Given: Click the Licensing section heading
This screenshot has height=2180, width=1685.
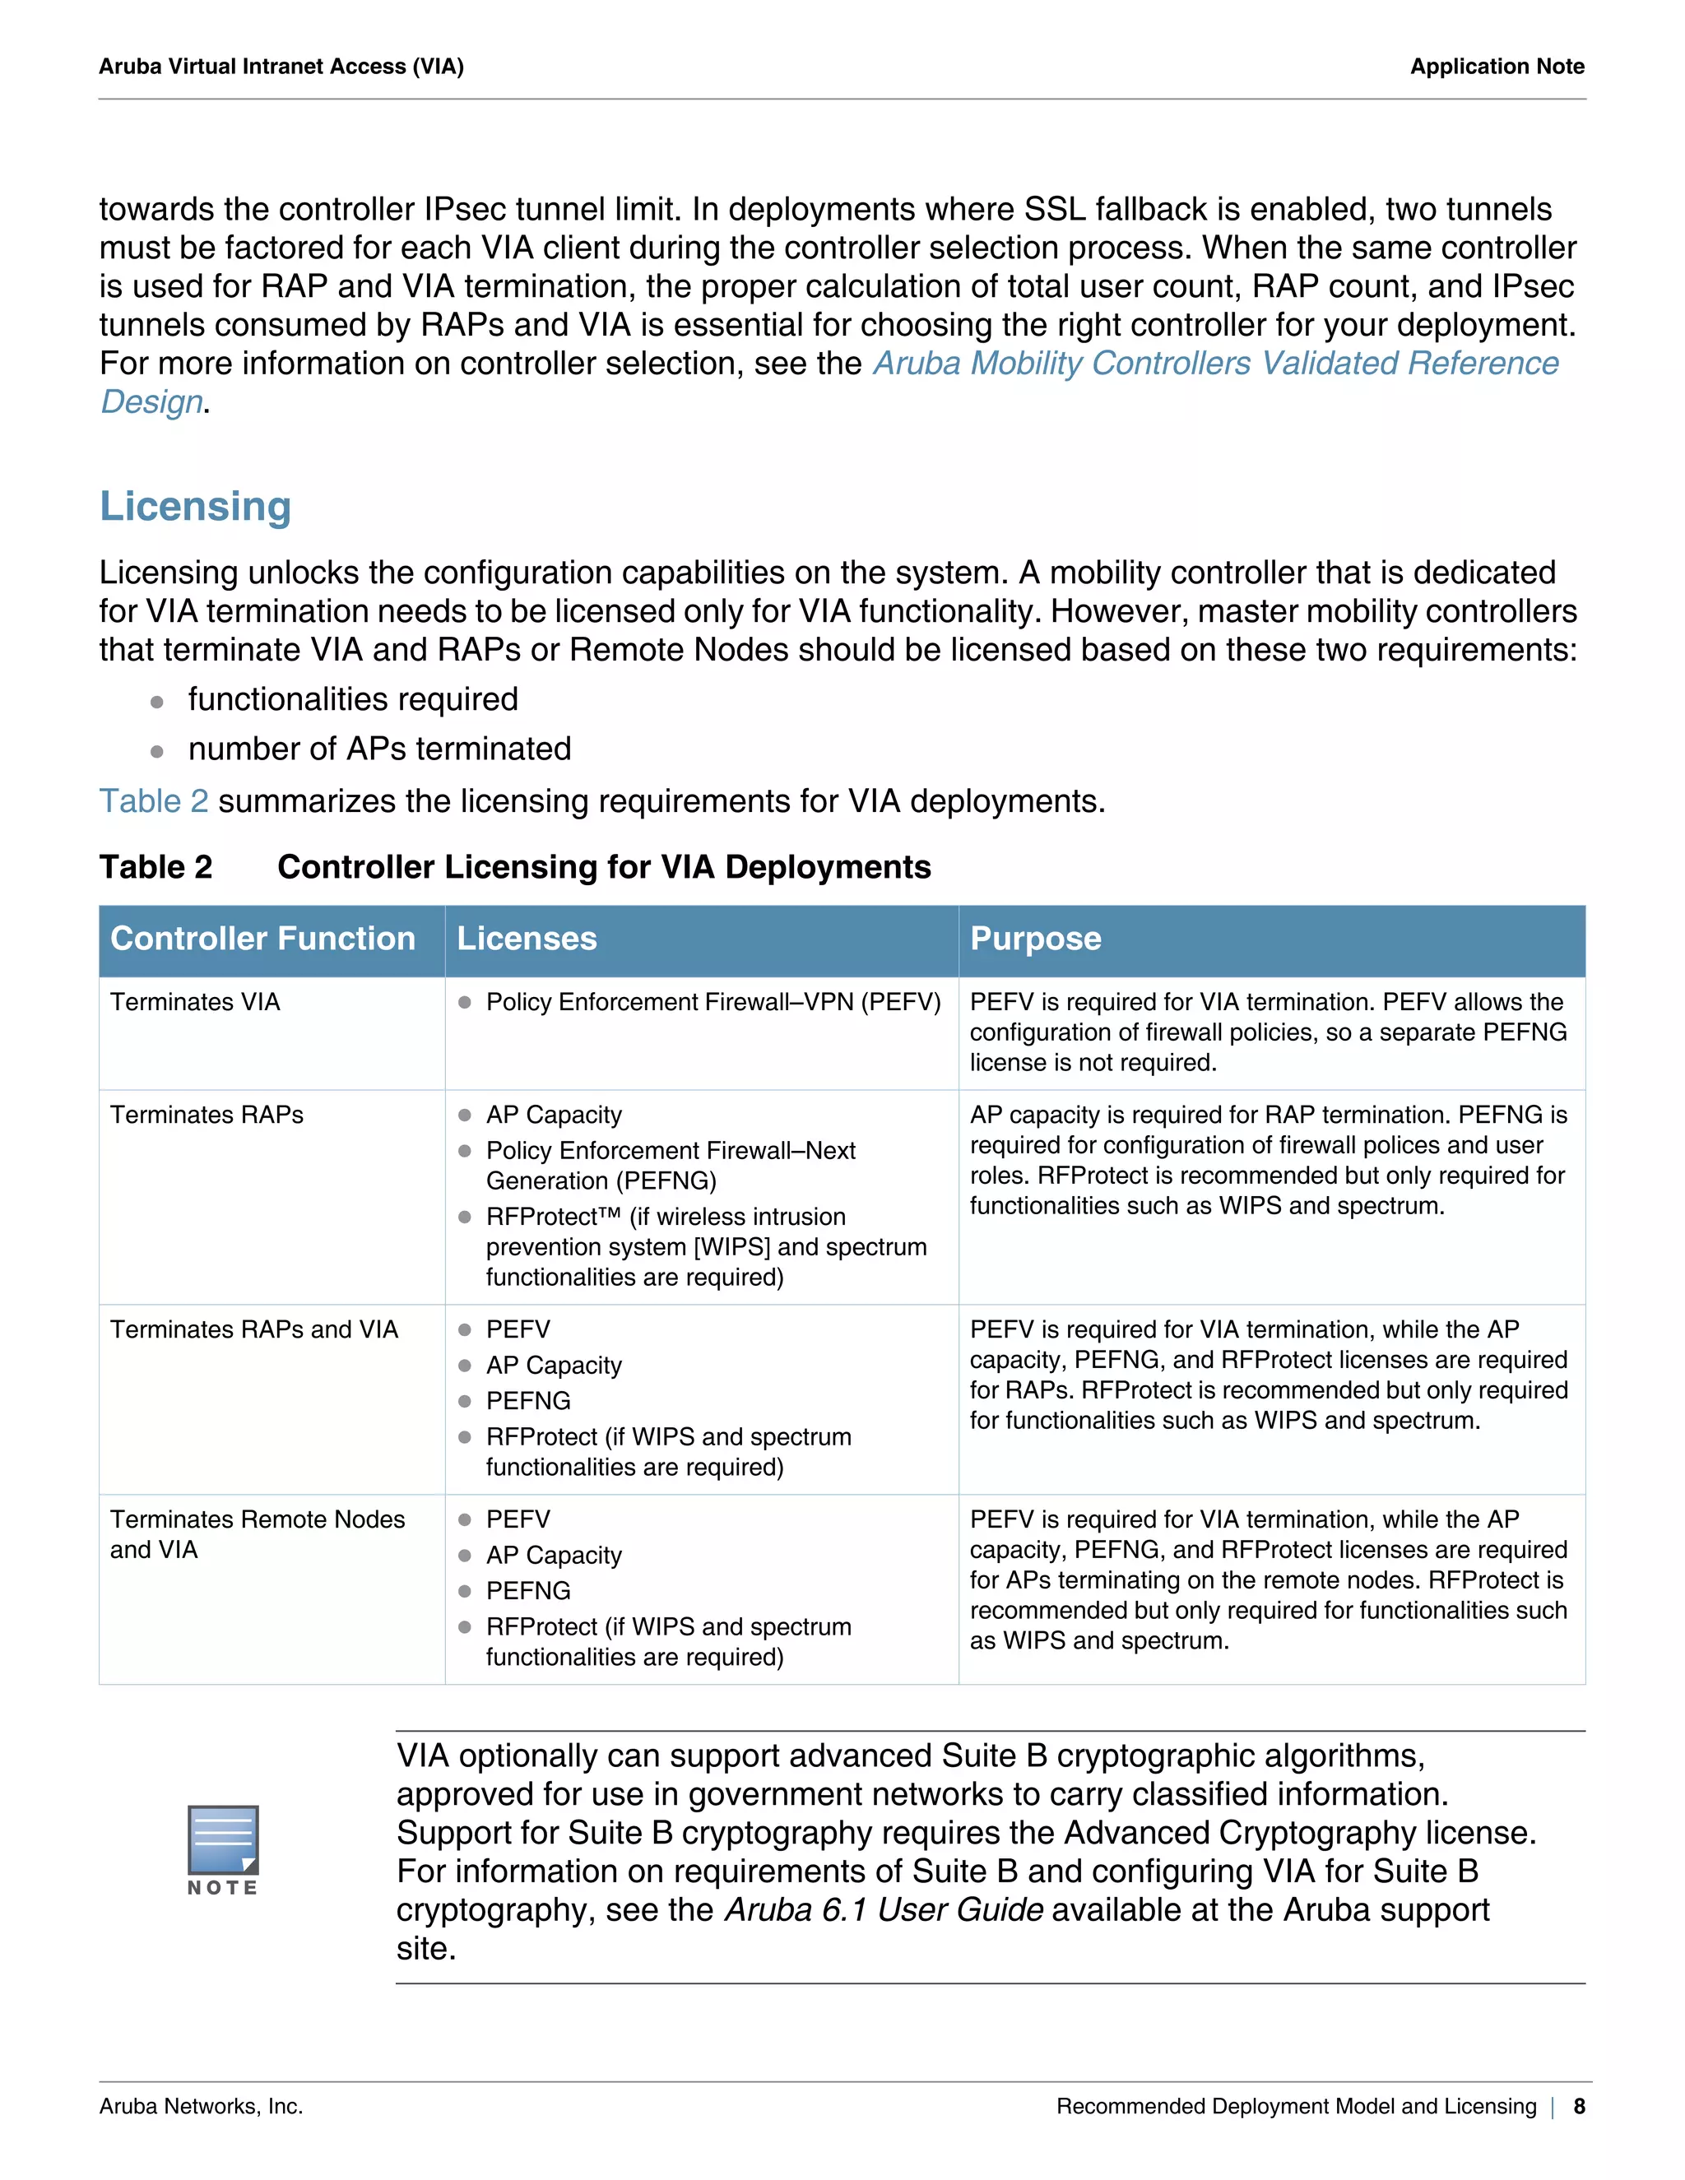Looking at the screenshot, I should tap(196, 507).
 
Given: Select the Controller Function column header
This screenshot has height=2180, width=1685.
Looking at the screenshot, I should tap(262, 939).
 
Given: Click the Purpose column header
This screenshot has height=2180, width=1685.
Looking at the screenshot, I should tap(1035, 939).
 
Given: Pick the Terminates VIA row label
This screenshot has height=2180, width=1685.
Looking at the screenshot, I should tap(196, 1002).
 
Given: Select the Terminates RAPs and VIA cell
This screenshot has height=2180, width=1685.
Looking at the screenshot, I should tap(253, 1329).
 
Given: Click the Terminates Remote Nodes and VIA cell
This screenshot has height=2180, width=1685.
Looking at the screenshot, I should tap(257, 1534).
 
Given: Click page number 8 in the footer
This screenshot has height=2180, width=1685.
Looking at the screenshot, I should tap(1579, 2106).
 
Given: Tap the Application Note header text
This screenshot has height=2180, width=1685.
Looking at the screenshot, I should tap(1497, 67).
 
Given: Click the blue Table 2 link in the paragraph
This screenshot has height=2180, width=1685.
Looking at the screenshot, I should tap(154, 801).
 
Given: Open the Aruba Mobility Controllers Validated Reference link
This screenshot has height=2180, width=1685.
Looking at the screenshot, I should tap(1215, 364).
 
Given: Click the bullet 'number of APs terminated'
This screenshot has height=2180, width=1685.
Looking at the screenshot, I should tap(379, 749).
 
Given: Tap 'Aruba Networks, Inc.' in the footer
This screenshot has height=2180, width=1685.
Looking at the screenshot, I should tap(201, 2106).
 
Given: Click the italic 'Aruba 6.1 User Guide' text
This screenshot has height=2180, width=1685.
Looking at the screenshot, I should tap(884, 1909).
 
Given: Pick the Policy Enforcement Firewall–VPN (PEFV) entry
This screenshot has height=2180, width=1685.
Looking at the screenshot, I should tap(713, 1002).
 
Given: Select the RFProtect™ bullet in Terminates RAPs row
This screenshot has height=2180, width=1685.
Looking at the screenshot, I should tap(705, 1245).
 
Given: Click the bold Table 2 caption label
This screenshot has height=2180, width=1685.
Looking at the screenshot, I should tap(156, 867).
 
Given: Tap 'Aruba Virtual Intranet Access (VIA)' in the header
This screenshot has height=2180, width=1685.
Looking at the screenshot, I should tap(281, 67).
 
